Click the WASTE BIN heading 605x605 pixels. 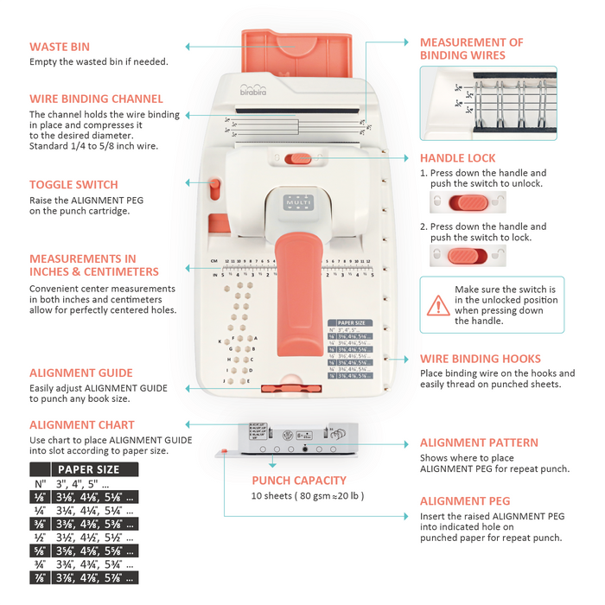60,48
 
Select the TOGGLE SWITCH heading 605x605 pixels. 73,185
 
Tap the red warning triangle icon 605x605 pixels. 436,303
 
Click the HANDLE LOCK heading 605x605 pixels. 457,158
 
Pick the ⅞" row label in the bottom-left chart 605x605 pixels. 40,577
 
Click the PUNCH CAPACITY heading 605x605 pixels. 299,481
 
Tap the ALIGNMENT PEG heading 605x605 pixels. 465,501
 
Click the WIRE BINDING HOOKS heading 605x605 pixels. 481,359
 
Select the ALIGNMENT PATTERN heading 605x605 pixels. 479,443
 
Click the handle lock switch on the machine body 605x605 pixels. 298,158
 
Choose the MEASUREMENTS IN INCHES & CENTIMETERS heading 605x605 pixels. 94,264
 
